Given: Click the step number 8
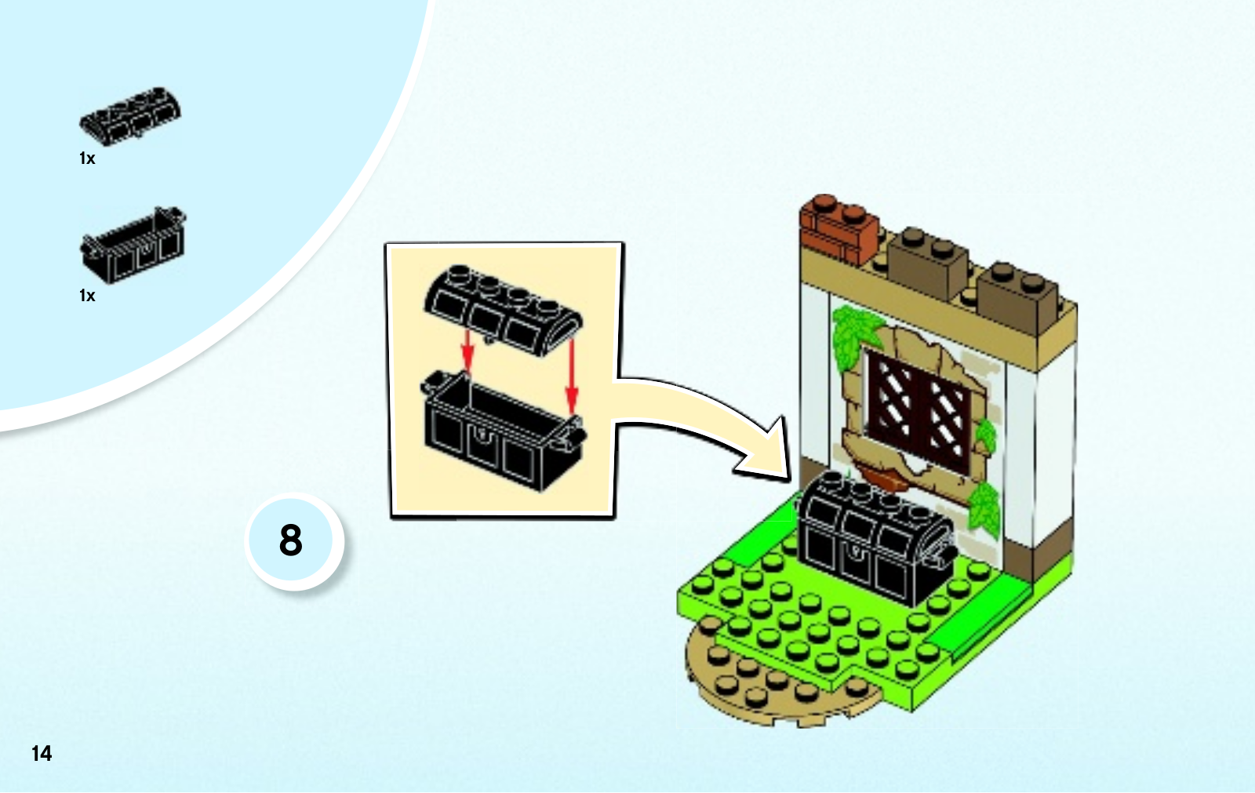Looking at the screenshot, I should click(291, 540).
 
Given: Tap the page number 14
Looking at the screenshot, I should click(42, 754).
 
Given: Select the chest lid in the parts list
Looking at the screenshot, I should click(130, 116).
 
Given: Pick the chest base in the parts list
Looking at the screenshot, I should click(133, 246).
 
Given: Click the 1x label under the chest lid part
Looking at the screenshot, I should click(87, 159).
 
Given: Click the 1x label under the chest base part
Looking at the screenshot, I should click(87, 296).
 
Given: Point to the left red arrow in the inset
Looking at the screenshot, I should click(467, 350).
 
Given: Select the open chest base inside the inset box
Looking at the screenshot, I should click(502, 431).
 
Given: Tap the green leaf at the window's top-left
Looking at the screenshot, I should click(853, 337).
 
